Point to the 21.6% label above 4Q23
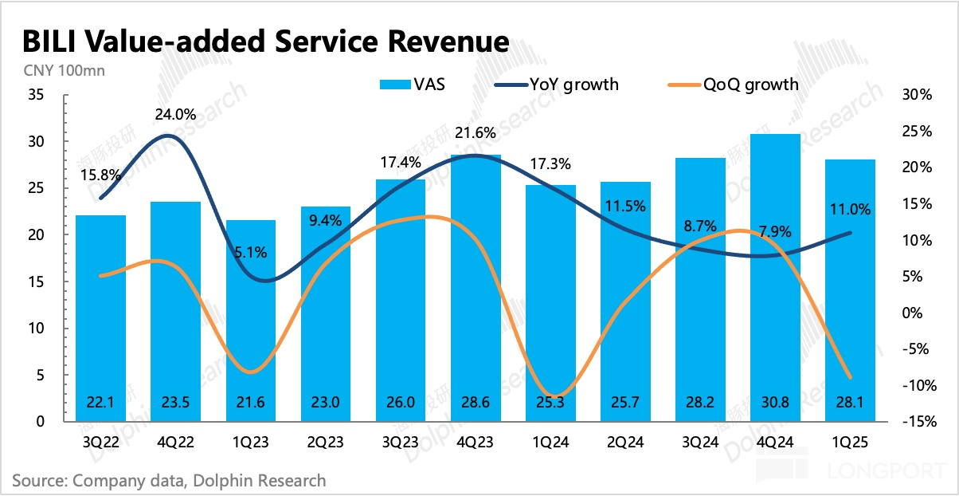coord(476,132)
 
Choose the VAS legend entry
coord(413,84)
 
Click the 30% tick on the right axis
coord(917,95)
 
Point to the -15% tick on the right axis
coord(915,422)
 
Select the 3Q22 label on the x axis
coord(101,440)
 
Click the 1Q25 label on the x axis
coord(851,440)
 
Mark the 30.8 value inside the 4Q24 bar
coord(777,403)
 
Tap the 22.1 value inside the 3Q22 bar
coord(101,403)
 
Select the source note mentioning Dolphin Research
coord(169,481)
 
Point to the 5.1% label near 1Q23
coord(251,252)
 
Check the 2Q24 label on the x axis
coord(626,440)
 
